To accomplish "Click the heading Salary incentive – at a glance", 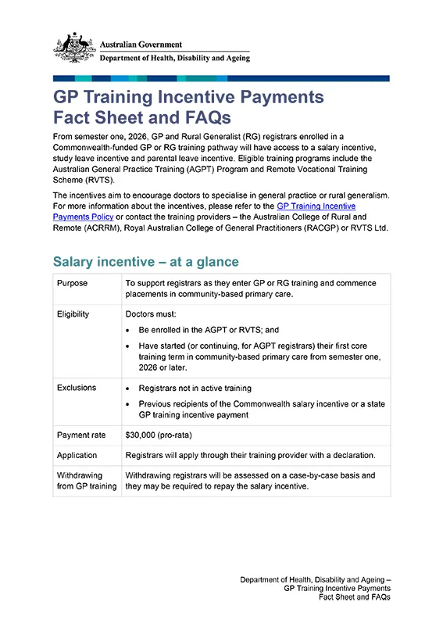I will point(145,261).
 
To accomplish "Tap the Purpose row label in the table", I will point(73,284).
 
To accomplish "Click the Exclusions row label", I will point(77,388).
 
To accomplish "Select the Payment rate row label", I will point(81,435).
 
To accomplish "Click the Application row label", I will point(77,455).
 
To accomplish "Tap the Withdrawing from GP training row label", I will point(86,480).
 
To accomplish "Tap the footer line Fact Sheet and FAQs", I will point(355,597).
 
